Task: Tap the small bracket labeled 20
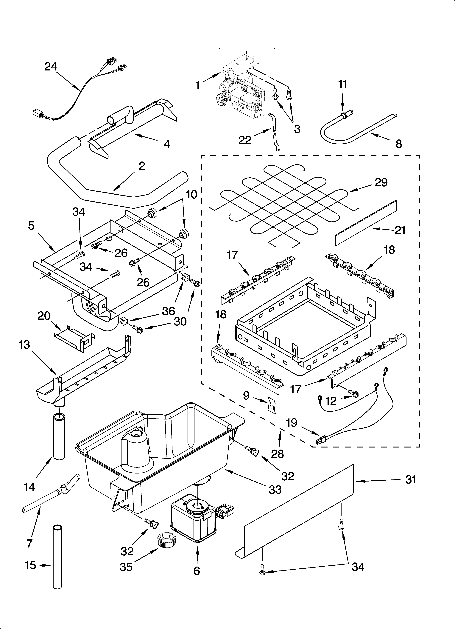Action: pos(74,338)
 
